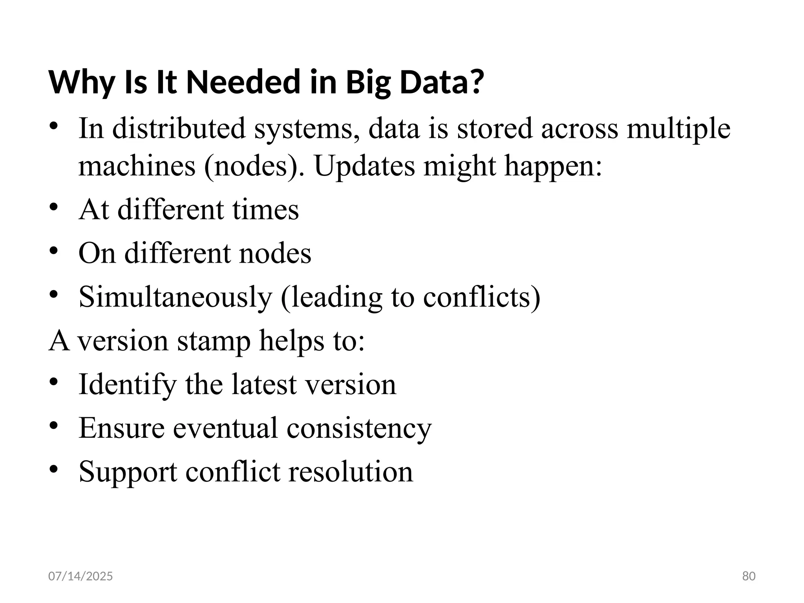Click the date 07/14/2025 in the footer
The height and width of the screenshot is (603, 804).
pos(80,576)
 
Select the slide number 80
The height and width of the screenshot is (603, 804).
pos(749,576)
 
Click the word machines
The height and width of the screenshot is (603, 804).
pos(137,166)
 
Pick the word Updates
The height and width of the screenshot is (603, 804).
pos(364,166)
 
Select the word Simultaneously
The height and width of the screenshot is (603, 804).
pos(175,297)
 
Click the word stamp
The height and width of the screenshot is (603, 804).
pos(214,341)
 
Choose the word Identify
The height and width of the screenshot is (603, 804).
pos(128,385)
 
